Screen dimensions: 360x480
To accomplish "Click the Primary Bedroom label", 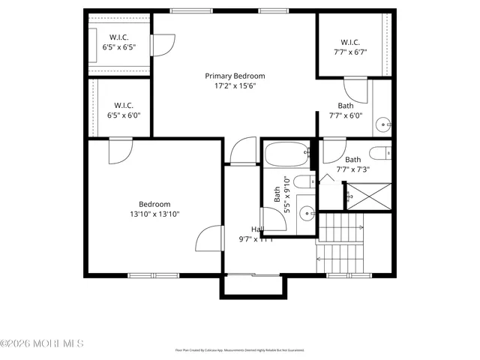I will (x=235, y=76).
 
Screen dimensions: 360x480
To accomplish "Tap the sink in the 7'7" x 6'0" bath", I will (x=382, y=123).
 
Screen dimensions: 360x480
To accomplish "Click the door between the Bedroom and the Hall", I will (x=209, y=239).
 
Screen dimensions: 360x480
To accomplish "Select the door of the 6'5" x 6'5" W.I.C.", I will (x=160, y=44).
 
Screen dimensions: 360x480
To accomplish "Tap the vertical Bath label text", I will (x=277, y=194).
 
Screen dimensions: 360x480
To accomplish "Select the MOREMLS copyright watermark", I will (x=42, y=343).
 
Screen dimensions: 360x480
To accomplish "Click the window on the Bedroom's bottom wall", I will (x=154, y=275).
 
